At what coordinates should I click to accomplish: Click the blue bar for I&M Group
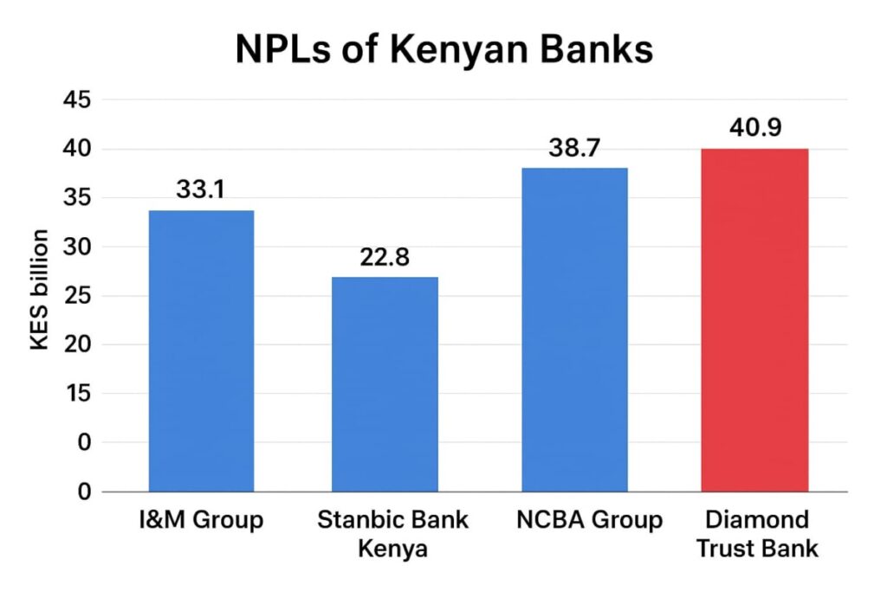[x=201, y=350]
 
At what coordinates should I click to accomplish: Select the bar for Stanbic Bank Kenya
[x=385, y=384]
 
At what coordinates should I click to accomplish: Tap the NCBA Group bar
[x=574, y=330]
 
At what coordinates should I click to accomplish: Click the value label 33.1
[x=201, y=190]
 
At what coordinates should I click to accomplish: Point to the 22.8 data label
[x=385, y=257]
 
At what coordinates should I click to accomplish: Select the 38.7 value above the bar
[x=574, y=148]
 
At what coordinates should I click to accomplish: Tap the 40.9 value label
[x=755, y=128]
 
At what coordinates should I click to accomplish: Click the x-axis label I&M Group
[x=202, y=521]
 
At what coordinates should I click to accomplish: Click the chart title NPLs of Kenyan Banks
[x=443, y=50]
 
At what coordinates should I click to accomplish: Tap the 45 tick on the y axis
[x=76, y=100]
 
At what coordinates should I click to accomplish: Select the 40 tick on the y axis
[x=76, y=150]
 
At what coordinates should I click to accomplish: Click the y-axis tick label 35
[x=76, y=198]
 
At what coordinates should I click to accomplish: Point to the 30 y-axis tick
[x=76, y=247]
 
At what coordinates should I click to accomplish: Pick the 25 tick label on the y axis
[x=76, y=296]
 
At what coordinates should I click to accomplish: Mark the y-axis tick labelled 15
[x=76, y=394]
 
